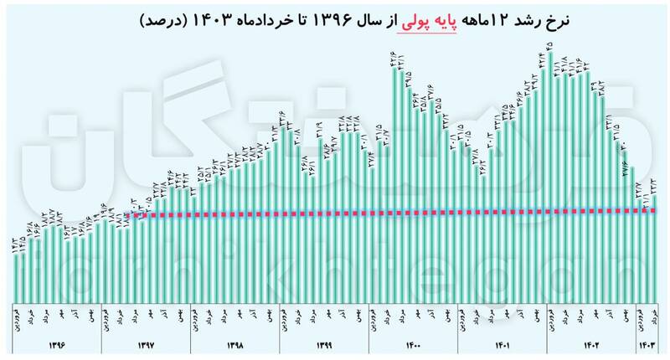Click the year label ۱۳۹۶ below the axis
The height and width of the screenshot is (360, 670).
(57, 343)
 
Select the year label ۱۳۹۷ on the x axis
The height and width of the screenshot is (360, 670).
(147, 343)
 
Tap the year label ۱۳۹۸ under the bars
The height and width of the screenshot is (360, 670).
(235, 343)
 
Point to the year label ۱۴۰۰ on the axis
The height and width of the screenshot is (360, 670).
(413, 343)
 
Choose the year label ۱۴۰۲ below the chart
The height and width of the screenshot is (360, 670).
(590, 343)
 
